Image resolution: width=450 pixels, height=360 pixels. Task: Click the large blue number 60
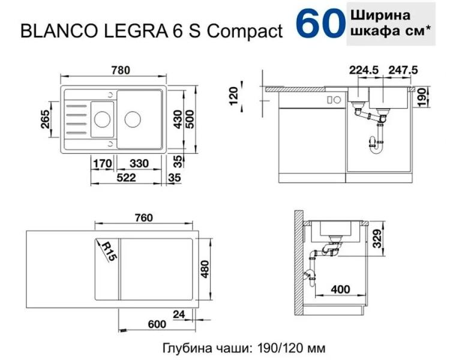(319, 24)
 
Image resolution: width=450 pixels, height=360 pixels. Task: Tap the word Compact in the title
(245, 32)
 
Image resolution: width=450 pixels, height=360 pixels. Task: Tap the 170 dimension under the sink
(104, 163)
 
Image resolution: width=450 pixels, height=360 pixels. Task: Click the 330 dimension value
(139, 163)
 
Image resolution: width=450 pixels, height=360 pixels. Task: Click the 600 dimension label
(155, 325)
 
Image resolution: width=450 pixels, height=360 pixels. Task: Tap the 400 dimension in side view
(340, 290)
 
